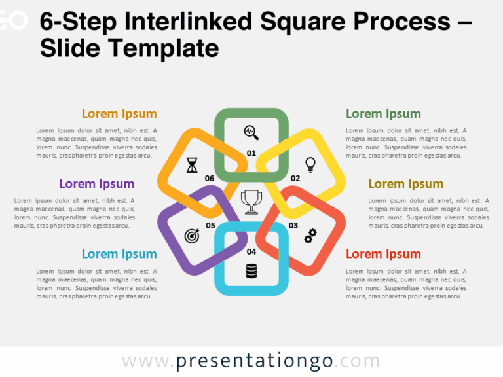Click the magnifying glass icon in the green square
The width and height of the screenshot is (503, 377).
pyautogui.click(x=251, y=133)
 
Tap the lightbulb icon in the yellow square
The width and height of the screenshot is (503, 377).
pyautogui.click(x=310, y=164)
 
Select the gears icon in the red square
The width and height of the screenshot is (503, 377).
pyautogui.click(x=310, y=236)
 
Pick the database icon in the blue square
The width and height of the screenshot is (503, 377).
pyautogui.click(x=251, y=270)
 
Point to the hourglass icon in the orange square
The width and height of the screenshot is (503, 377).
pyautogui.click(x=192, y=164)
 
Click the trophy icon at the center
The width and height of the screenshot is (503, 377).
pyautogui.click(x=251, y=202)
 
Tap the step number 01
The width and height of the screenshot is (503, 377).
pyautogui.click(x=251, y=154)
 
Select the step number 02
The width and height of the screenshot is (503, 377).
pyautogui.click(x=295, y=178)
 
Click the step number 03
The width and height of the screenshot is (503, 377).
pyautogui.click(x=293, y=225)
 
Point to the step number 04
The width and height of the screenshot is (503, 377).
pyautogui.click(x=251, y=251)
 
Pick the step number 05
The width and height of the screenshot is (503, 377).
pyautogui.click(x=210, y=225)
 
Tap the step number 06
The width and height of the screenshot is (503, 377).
pyautogui.click(x=210, y=178)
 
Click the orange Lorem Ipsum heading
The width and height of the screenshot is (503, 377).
pyautogui.click(x=119, y=114)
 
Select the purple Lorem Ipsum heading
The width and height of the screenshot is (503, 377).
pyautogui.click(x=97, y=184)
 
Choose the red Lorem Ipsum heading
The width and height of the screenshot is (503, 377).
pyautogui.click(x=383, y=254)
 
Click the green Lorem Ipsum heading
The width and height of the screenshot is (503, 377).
pyautogui.click(x=383, y=114)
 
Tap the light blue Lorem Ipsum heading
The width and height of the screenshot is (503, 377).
pyautogui.click(x=119, y=254)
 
